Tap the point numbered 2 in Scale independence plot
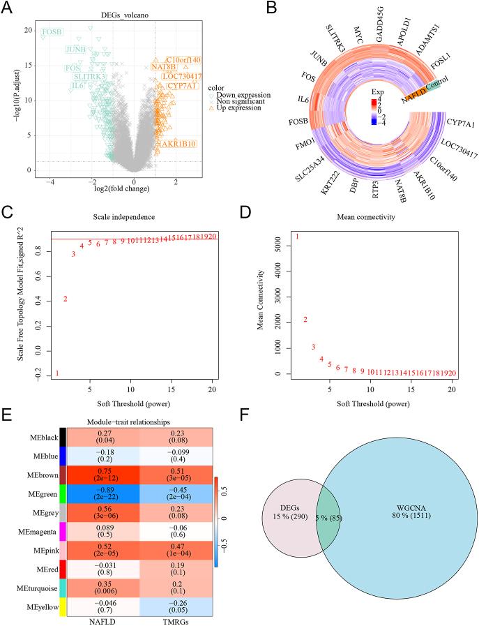click(66, 299)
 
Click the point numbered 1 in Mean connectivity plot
click(297, 237)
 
